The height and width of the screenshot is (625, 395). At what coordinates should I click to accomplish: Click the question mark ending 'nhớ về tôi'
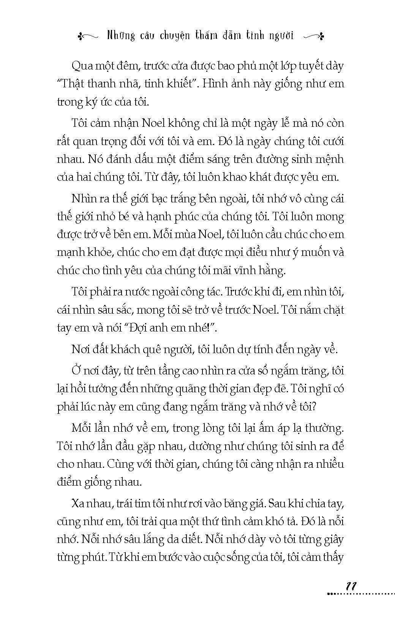click(x=313, y=407)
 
